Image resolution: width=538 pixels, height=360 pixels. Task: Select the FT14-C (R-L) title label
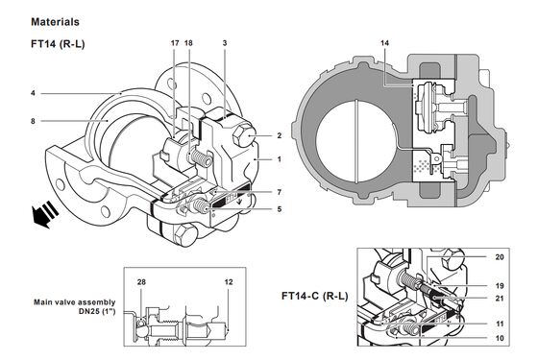click(315, 296)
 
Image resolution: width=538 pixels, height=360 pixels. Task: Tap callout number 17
click(175, 44)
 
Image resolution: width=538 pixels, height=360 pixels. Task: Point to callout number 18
click(188, 44)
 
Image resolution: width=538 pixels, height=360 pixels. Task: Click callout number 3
click(225, 44)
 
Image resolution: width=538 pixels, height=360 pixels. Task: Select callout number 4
click(33, 93)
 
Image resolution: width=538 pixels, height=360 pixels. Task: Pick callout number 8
click(33, 121)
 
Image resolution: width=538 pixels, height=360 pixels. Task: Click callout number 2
click(279, 136)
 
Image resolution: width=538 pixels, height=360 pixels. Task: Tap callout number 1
click(279, 158)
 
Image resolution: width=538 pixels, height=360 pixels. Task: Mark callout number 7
click(279, 193)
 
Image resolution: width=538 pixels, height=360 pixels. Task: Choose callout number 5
click(279, 208)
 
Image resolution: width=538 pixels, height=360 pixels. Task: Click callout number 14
click(385, 44)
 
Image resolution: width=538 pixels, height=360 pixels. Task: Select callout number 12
click(229, 282)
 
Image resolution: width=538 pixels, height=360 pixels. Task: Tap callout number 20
click(500, 257)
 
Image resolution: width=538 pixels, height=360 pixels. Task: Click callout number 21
click(500, 300)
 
